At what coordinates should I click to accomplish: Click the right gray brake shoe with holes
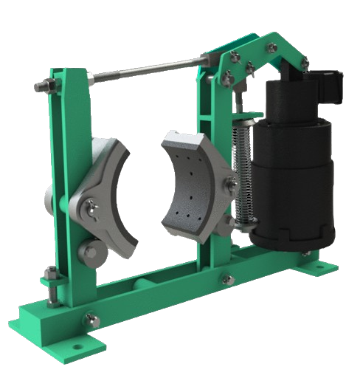tap(193, 185)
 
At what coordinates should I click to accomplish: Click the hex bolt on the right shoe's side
tap(232, 182)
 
